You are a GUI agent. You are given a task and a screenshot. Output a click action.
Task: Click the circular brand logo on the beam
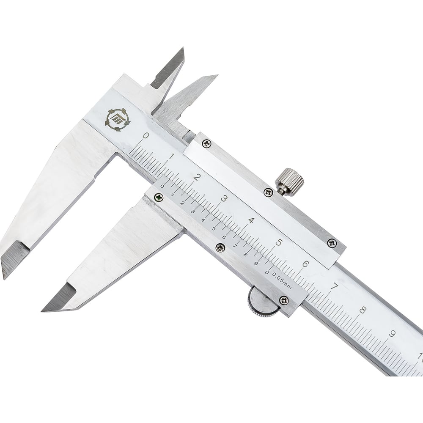(x=118, y=120)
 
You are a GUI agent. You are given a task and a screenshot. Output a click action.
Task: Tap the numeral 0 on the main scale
(x=146, y=135)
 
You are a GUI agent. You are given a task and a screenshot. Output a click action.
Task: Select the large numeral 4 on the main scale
(x=251, y=221)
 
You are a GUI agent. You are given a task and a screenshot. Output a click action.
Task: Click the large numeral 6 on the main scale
(x=305, y=264)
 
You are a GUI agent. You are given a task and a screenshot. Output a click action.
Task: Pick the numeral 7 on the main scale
(x=334, y=286)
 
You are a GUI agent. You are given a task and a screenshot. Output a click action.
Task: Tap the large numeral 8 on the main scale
(x=363, y=310)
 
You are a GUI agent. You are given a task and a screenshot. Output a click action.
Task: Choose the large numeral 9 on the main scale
(x=392, y=334)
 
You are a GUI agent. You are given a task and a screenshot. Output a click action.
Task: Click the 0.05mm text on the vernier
(x=282, y=280)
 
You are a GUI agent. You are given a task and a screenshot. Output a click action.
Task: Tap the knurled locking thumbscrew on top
(x=290, y=181)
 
